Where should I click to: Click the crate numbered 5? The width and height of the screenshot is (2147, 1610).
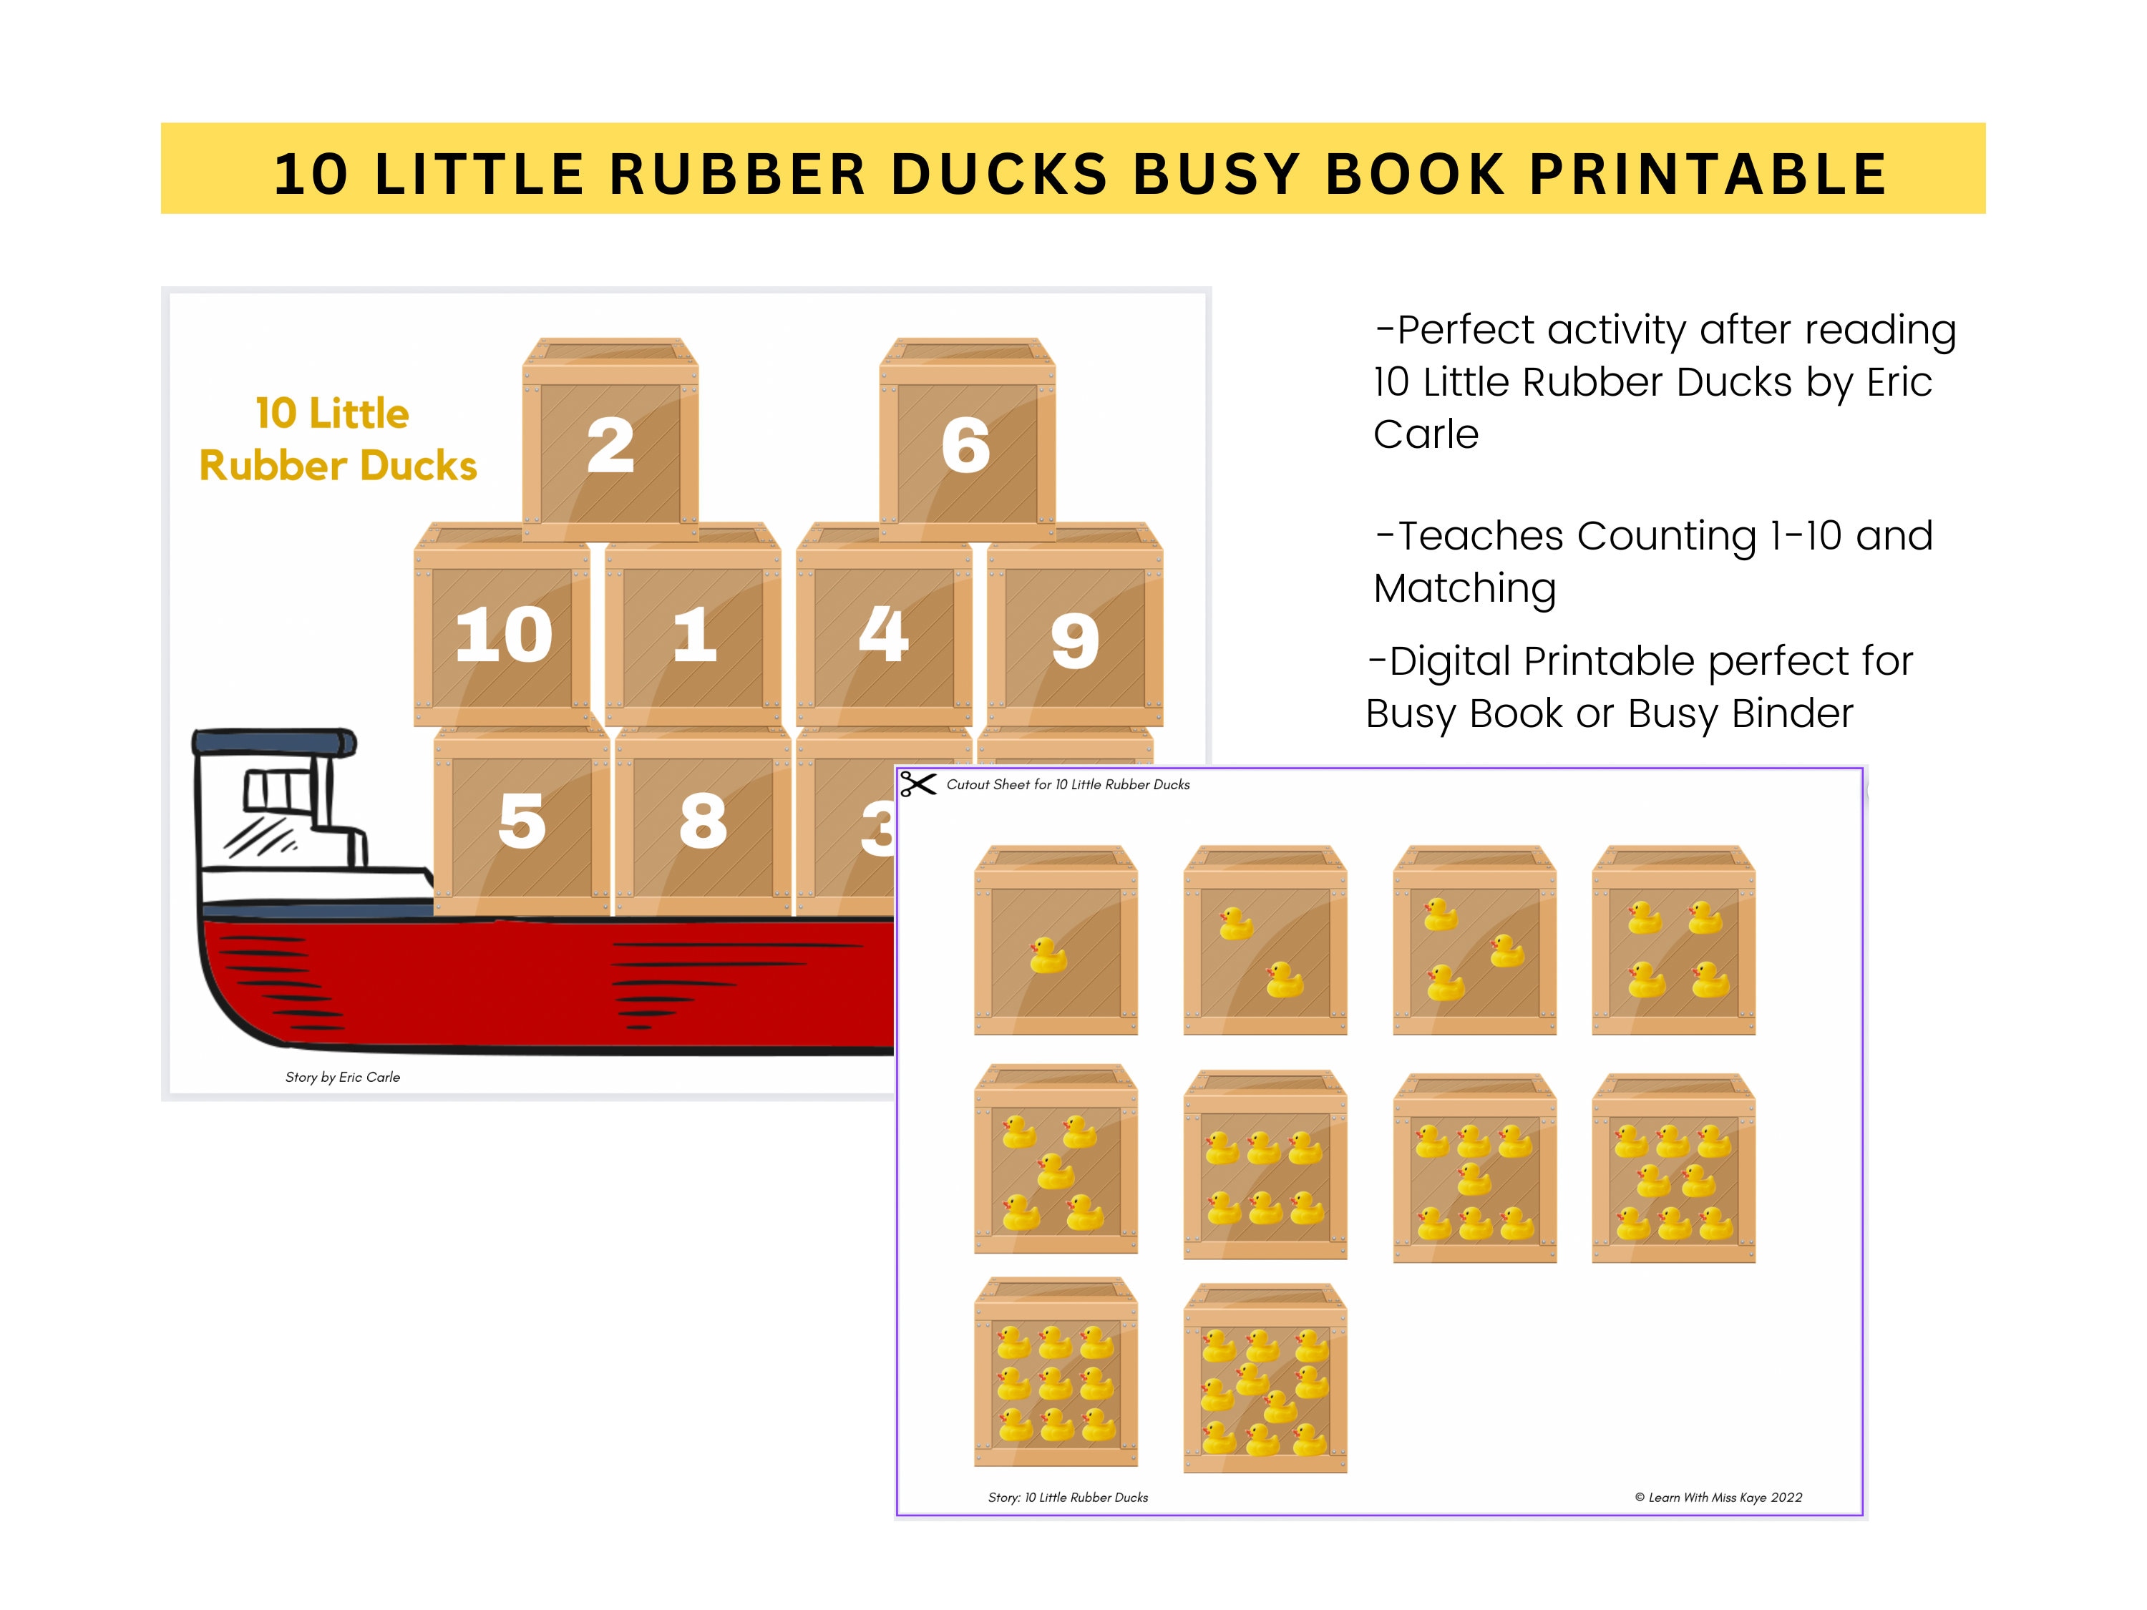tap(522, 820)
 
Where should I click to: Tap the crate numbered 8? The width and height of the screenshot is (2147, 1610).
tap(703, 820)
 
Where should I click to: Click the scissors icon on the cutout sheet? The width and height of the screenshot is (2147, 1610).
tap(917, 783)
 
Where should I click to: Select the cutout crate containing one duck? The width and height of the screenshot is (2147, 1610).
tap(1056, 942)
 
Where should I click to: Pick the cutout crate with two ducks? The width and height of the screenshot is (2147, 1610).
tap(1265, 942)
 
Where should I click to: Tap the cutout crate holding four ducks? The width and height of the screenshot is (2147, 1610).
tap(1673, 942)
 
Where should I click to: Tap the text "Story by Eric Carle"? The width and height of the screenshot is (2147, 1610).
tap(343, 1077)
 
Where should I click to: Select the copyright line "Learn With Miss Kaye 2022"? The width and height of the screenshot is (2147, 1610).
tap(1718, 1498)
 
